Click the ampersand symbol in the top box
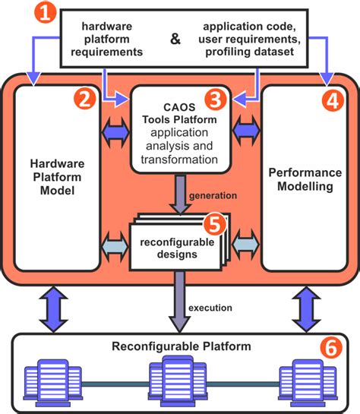[175, 39]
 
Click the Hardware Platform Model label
[58, 176]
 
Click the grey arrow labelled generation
[180, 193]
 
